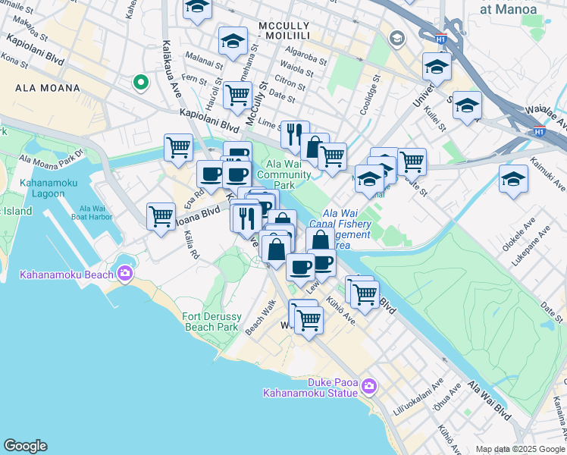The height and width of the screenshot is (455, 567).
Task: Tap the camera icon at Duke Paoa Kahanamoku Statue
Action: pos(369,386)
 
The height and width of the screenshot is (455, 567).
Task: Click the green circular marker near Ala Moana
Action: pos(139,83)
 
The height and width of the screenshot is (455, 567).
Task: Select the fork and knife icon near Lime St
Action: pos(294,133)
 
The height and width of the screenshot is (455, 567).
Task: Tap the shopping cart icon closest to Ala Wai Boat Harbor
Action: pos(161,215)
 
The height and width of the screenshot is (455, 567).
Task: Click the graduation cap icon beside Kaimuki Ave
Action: pos(513,179)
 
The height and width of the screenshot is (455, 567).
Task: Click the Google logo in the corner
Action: pos(25,445)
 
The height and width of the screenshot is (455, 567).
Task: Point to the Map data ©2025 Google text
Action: pos(520,449)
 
